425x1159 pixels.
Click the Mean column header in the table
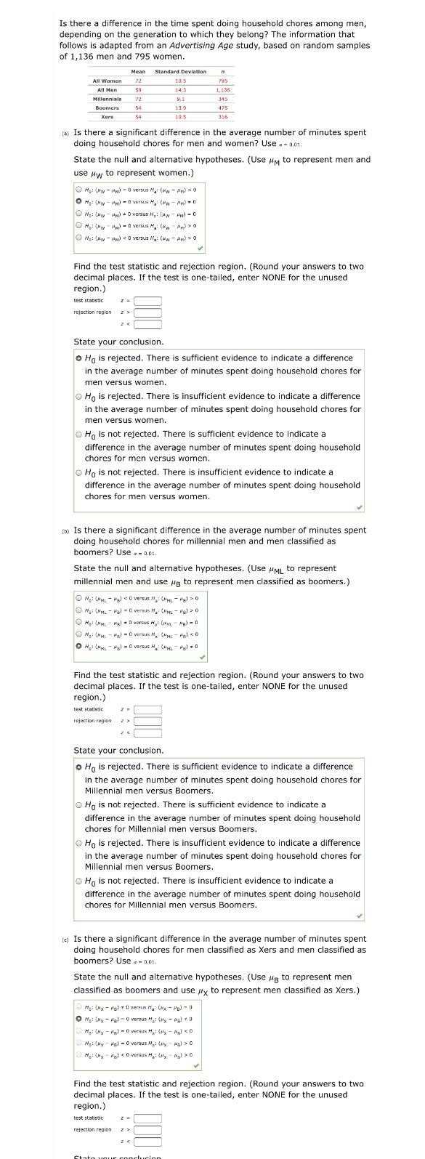pyautogui.click(x=138, y=71)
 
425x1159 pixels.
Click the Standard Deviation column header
pyautogui.click(x=180, y=71)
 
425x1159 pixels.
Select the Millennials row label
pyautogui.click(x=107, y=98)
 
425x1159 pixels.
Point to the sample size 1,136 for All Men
pyautogui.click(x=222, y=89)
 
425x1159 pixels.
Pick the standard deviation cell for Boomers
pyautogui.click(x=181, y=108)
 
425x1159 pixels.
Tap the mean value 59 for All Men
pyautogui.click(x=138, y=89)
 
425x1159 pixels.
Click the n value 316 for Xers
pyautogui.click(x=222, y=116)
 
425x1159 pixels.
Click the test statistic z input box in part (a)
pyautogui.click(x=147, y=301)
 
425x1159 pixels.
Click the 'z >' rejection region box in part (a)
pyautogui.click(x=147, y=312)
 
